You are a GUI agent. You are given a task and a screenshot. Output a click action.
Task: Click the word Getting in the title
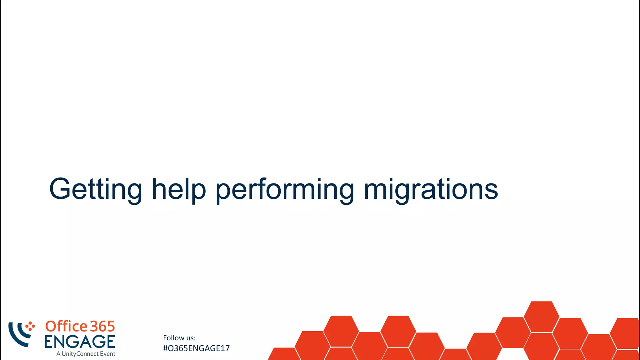[x=96, y=189]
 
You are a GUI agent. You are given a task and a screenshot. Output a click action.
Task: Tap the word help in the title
[x=179, y=189]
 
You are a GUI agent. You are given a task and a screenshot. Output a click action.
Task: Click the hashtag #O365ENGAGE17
[x=196, y=348]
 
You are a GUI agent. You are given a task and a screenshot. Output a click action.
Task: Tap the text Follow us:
[x=179, y=338]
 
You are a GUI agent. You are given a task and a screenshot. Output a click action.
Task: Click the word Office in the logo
[x=67, y=326]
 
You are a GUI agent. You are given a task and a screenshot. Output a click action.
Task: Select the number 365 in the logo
[x=102, y=327]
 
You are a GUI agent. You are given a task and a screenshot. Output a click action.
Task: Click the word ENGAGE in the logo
[x=80, y=342]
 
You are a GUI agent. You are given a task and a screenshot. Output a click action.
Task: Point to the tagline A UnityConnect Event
[x=86, y=354]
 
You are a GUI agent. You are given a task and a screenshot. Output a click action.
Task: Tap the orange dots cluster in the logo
[x=30, y=326]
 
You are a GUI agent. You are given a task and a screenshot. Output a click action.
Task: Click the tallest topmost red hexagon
[x=542, y=316]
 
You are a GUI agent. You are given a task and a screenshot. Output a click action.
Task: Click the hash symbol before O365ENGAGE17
[x=166, y=348]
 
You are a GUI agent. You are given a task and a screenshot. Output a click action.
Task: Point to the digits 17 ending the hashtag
[x=225, y=348]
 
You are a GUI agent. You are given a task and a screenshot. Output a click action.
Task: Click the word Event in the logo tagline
[x=107, y=354]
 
